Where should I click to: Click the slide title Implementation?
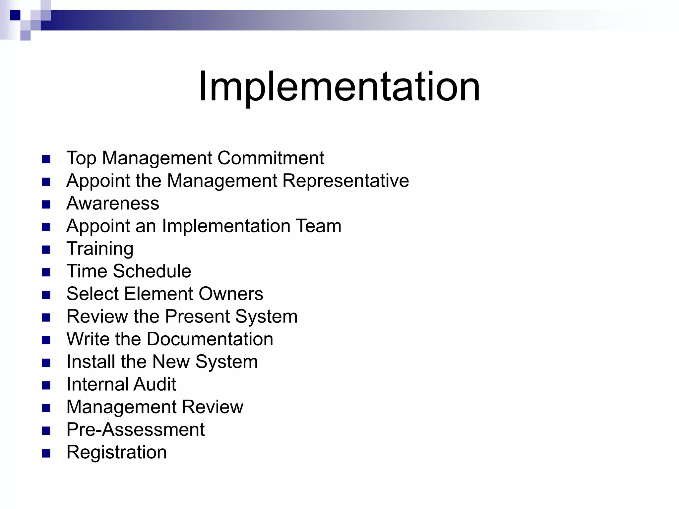click(339, 87)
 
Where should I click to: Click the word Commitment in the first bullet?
click(271, 158)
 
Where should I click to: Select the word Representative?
click(345, 181)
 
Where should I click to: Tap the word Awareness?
click(113, 203)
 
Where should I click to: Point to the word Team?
click(318, 226)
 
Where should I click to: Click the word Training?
click(100, 249)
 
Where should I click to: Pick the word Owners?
click(231, 294)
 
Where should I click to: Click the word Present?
click(198, 316)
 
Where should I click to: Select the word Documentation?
click(210, 339)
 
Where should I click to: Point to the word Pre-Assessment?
click(135, 430)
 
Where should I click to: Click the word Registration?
click(116, 452)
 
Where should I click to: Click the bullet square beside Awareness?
click(46, 204)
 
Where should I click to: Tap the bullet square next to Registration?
click(46, 453)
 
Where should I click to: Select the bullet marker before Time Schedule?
click(46, 272)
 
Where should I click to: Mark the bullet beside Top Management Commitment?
click(46, 159)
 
